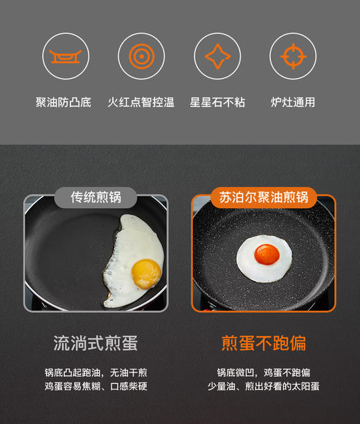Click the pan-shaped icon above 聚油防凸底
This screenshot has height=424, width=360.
coord(66,56)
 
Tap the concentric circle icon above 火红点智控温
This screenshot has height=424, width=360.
coord(141,56)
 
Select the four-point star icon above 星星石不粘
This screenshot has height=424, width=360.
coord(217,56)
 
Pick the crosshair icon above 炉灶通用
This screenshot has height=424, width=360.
coord(292,56)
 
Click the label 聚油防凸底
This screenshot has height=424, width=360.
coord(64,102)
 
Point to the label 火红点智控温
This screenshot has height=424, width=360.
coord(141,102)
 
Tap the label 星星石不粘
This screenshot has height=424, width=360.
coord(217,102)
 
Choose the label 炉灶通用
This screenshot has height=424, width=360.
coord(292,102)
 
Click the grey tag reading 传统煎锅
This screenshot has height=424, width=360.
coord(96,197)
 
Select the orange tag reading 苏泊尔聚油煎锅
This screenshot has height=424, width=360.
coord(263,197)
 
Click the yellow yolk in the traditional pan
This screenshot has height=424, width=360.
coord(145,273)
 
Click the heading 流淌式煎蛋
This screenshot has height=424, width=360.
coord(96,343)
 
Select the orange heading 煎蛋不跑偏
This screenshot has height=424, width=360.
coord(263,343)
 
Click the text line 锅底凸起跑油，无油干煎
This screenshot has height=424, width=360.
coord(96,372)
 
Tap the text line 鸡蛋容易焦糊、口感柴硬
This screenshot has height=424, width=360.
coord(96,387)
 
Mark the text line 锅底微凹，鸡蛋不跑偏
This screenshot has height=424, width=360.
coord(263,372)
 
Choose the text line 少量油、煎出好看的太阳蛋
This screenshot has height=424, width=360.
coord(263,387)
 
